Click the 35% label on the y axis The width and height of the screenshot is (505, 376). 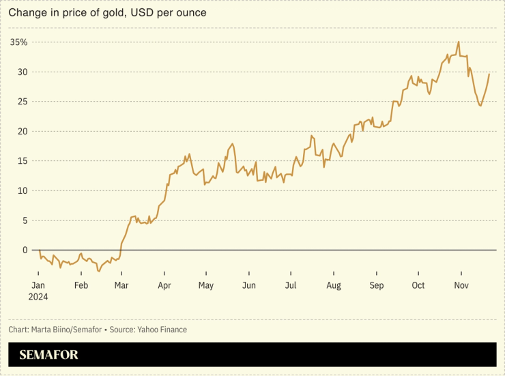click(x=19, y=42)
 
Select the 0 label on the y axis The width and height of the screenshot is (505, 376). click(x=25, y=250)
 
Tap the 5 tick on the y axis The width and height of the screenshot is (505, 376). click(x=25, y=220)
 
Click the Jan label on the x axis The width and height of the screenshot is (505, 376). click(x=38, y=285)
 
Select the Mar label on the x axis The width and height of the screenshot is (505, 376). click(x=122, y=285)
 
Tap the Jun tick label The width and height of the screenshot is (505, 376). click(x=249, y=285)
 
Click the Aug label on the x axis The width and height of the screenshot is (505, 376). click(x=333, y=285)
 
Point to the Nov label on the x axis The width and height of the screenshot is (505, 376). click(x=461, y=285)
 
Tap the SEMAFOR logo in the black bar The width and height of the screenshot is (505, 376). click(x=48, y=355)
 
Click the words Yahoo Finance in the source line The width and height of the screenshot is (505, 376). click(x=162, y=330)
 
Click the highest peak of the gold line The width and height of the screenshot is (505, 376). click(x=458, y=42)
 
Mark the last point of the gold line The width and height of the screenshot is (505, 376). click(x=489, y=74)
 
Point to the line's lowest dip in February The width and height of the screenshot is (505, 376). click(x=98, y=272)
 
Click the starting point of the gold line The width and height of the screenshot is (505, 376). click(x=40, y=250)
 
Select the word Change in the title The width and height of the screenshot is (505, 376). click(x=24, y=13)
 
